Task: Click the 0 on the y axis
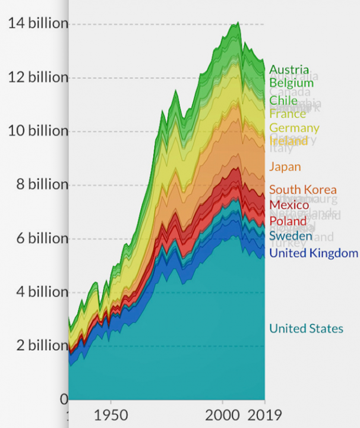click(64, 398)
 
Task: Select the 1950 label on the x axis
click(110, 414)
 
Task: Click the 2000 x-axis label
click(224, 414)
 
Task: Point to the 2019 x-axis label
click(264, 414)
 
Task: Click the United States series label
click(306, 329)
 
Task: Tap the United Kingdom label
click(314, 253)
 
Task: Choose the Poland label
click(288, 221)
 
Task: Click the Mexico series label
click(289, 205)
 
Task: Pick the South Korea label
click(302, 190)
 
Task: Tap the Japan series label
click(285, 167)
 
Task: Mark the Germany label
click(294, 128)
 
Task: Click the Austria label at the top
click(289, 70)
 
